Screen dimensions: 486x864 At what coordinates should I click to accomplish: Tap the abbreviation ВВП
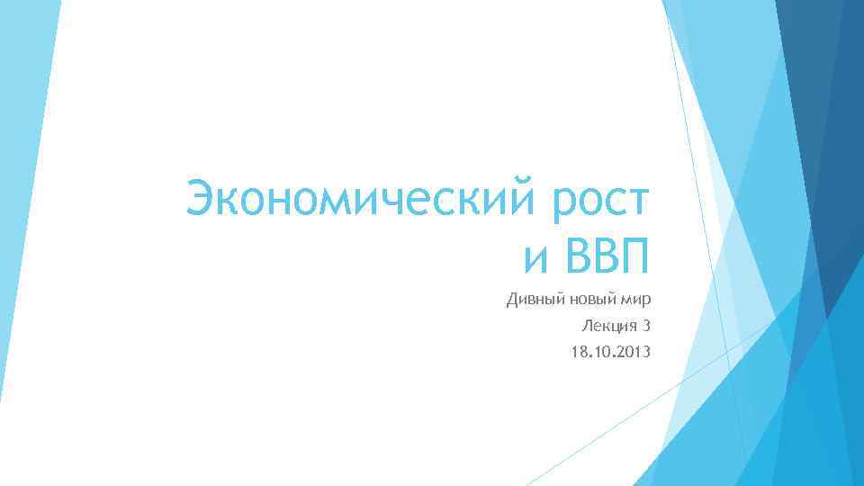pyautogui.click(x=605, y=257)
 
